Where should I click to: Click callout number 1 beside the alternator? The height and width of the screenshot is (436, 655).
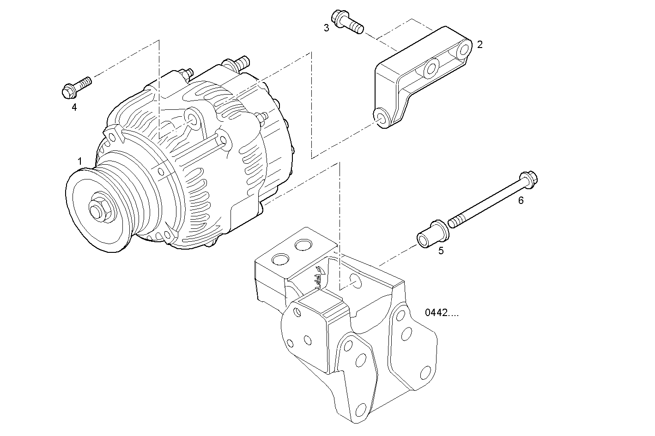[80, 161]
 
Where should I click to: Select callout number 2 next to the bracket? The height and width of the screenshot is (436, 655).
[480, 45]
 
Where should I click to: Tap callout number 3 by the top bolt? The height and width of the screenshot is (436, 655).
[327, 28]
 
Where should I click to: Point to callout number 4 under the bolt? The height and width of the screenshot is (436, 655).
[74, 108]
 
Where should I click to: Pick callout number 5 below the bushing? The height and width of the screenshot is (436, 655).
[441, 251]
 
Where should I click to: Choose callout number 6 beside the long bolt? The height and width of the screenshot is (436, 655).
[521, 200]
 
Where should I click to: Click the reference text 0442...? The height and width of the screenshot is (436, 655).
[442, 313]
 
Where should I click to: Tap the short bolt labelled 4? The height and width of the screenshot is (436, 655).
[76, 88]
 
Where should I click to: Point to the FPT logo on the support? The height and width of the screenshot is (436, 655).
[318, 278]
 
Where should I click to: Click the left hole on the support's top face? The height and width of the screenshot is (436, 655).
[280, 260]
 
